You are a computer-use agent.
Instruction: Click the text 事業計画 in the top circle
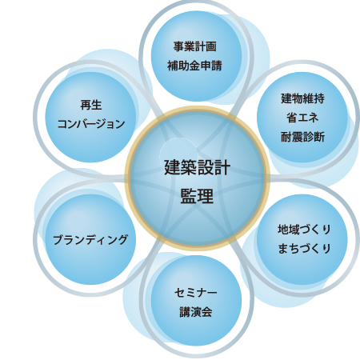pos(195,46)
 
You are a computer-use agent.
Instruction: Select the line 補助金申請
pos(194,66)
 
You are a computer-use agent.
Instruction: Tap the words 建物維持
pos(302,98)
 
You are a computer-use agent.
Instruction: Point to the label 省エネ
pos(302,118)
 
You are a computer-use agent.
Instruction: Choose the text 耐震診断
pos(302,137)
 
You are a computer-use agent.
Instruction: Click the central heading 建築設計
pos(197,167)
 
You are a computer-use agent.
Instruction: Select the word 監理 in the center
pos(197,196)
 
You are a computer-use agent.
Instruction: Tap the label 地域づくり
pos(304,230)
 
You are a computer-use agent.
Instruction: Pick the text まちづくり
pos(304,249)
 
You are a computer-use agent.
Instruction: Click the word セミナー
pos(196,293)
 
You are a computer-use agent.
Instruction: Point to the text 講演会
pos(196,312)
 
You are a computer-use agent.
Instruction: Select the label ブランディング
pos(90,239)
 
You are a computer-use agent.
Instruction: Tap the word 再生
pos(91,105)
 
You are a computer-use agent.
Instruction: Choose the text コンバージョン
pos(91,124)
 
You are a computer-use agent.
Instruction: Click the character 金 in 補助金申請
pos(194,66)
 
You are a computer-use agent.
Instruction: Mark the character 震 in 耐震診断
pos(298,137)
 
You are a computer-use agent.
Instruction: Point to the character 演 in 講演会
pos(196,312)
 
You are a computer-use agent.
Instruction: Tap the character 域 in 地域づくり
pos(294,230)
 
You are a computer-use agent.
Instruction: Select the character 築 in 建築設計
pos(189,167)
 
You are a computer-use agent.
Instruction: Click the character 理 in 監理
pos(206,196)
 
